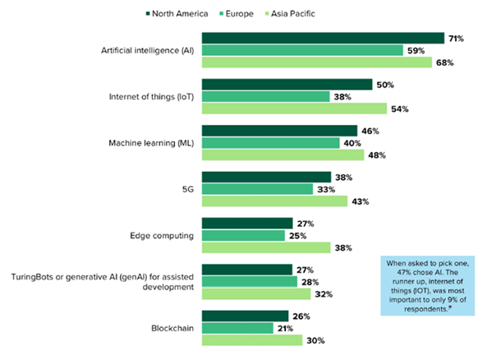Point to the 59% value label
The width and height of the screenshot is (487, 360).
[x=415, y=50]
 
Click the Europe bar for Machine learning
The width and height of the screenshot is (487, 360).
[x=270, y=143]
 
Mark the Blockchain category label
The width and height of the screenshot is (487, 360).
[x=172, y=328]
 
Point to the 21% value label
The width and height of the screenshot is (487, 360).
[x=286, y=329]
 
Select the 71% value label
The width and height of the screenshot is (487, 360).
[x=456, y=38]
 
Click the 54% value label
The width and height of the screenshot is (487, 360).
[x=398, y=108]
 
